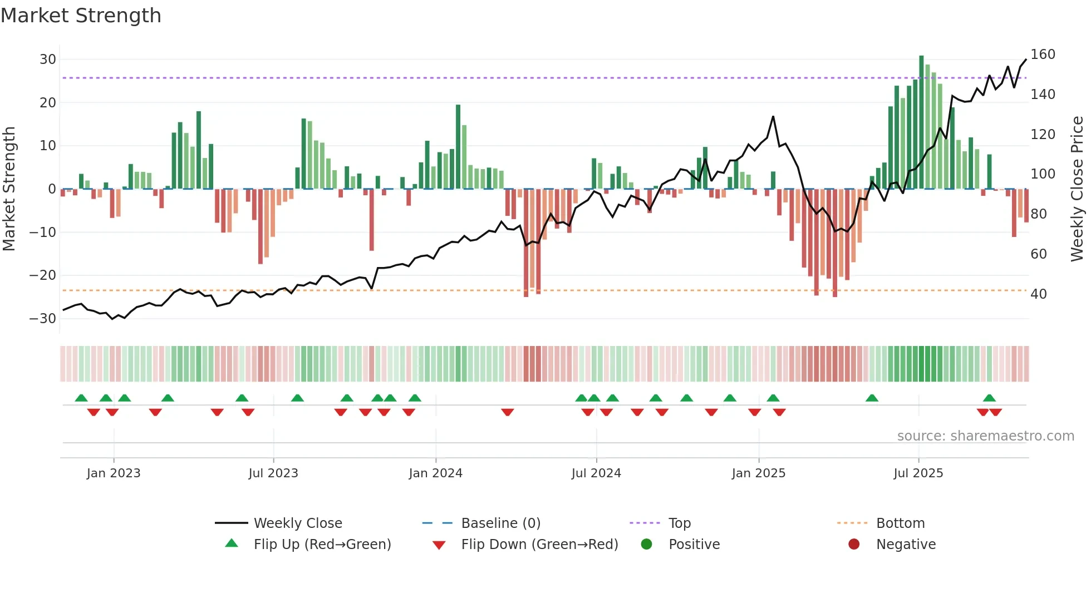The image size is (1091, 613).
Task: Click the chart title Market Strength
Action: point(81,16)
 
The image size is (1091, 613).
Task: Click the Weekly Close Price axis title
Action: point(1077,189)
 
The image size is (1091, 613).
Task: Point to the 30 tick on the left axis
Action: point(48,60)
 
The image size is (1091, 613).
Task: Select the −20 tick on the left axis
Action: point(43,275)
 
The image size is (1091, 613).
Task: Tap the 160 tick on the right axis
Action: point(1043,55)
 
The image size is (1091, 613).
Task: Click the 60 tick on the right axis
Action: point(1039,254)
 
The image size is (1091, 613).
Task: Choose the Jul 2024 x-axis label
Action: point(596,473)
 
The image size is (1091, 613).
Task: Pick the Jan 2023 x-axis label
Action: point(114,473)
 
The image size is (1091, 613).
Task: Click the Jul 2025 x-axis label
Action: point(918,473)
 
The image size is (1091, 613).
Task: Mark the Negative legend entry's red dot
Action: point(854,544)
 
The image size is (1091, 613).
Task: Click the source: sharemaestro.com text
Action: point(985,436)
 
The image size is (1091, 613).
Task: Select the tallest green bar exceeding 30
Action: point(921,122)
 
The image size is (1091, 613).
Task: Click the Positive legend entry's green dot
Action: point(646,544)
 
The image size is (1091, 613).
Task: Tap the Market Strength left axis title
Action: point(9,189)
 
